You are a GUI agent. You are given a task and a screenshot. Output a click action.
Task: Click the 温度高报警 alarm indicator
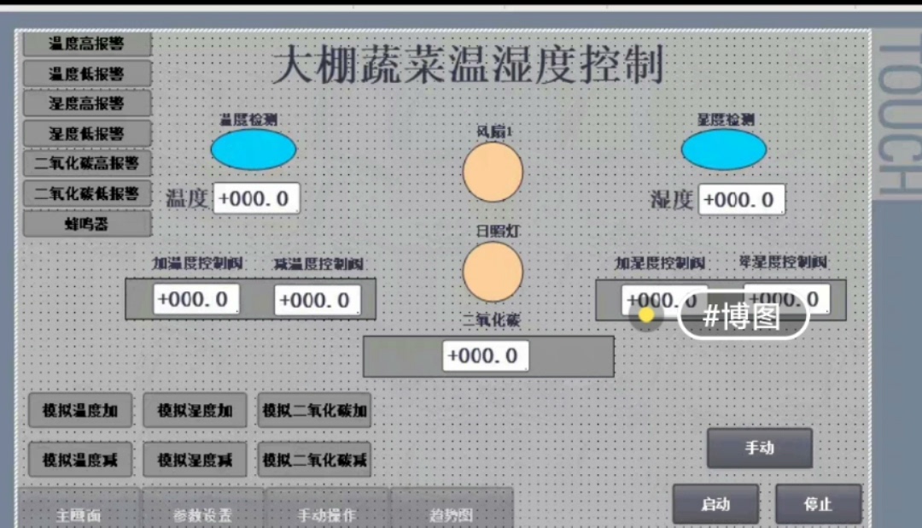click(87, 44)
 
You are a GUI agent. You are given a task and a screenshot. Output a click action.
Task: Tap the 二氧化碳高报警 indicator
click(87, 162)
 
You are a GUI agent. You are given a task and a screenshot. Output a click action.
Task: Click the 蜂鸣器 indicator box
click(87, 224)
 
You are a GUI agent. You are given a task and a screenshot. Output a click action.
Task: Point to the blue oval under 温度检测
click(254, 150)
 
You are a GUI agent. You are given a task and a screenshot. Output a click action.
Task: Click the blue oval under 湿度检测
click(723, 150)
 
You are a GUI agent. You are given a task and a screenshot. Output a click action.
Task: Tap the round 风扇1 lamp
click(493, 172)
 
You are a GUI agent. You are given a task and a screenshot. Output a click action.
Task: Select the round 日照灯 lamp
click(493, 272)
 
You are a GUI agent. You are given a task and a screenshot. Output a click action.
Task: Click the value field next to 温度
click(256, 199)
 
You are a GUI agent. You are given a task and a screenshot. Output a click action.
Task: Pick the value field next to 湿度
click(741, 200)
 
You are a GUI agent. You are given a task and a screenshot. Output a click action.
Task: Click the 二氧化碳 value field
click(485, 355)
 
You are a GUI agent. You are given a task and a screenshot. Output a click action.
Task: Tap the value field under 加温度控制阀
click(196, 299)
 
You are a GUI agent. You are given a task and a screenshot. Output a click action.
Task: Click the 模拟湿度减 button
click(195, 460)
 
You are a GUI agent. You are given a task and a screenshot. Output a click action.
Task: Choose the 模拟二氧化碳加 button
click(314, 411)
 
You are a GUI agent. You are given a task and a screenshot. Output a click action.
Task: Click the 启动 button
click(715, 504)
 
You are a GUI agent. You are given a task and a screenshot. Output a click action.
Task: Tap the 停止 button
click(817, 504)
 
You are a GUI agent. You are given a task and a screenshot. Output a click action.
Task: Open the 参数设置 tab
click(202, 514)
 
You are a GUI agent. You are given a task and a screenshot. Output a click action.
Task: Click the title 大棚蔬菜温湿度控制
click(468, 66)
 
